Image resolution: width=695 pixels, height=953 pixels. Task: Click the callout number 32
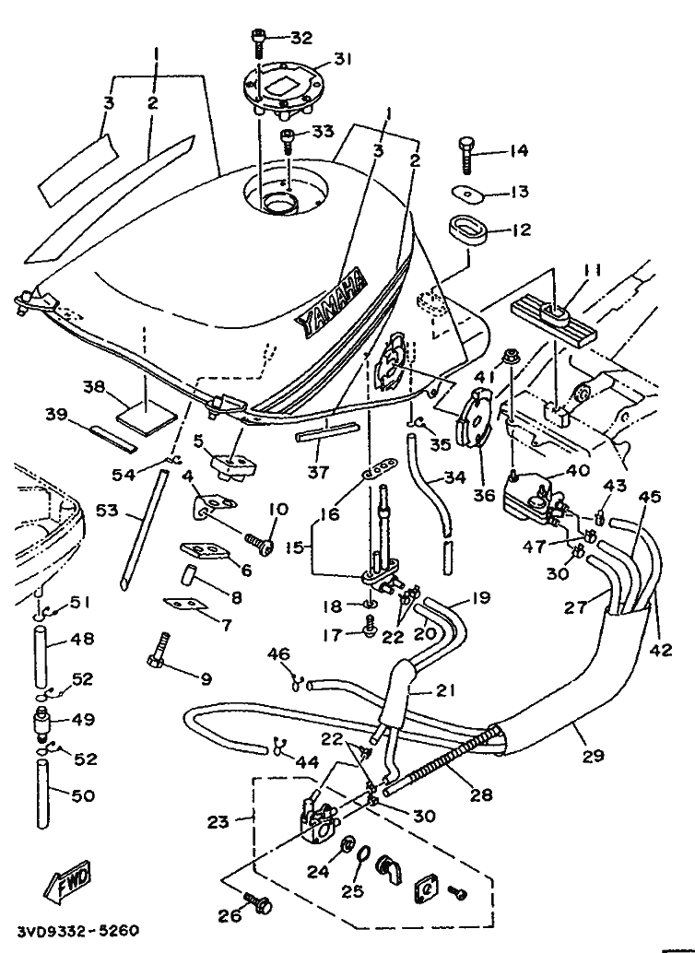[x=301, y=38]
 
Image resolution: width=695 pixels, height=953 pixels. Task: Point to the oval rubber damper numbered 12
[x=468, y=227]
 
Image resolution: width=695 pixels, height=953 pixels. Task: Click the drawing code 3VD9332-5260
[x=77, y=931]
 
